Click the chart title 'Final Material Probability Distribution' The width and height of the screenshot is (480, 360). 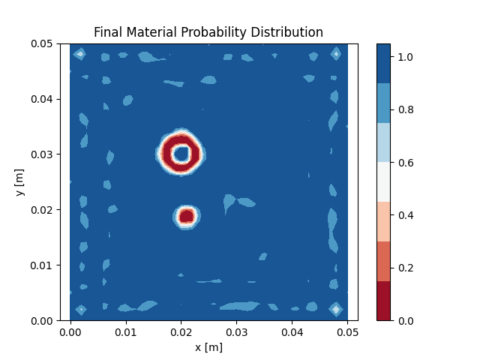[x=208, y=32]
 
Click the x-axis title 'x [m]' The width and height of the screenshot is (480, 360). [x=208, y=347]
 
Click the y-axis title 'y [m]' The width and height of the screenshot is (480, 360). [x=19, y=182]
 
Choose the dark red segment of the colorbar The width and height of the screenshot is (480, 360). [x=383, y=301]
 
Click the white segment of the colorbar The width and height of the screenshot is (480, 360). [x=383, y=182]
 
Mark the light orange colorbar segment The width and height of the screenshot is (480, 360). [x=383, y=221]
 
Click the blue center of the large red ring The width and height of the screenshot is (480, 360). [x=181, y=154]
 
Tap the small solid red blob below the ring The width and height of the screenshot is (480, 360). [x=187, y=216]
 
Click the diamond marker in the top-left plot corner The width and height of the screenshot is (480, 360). [x=80, y=54]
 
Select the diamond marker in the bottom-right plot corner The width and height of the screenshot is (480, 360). [x=336, y=309]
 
